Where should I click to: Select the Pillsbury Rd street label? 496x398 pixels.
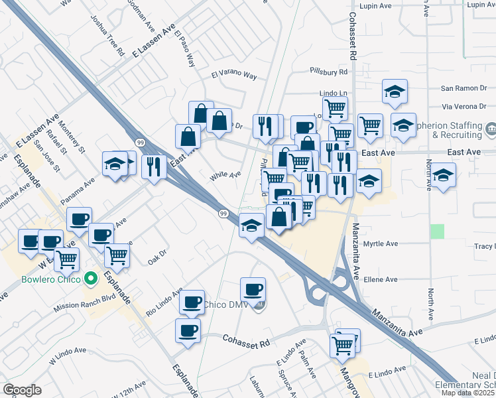click(x=328, y=72)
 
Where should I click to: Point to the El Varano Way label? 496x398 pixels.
click(x=234, y=76)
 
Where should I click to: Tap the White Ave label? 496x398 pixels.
click(x=225, y=176)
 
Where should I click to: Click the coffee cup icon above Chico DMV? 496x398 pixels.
click(x=253, y=289)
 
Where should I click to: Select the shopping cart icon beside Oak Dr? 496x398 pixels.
click(x=117, y=255)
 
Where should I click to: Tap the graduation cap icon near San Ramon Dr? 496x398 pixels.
click(x=395, y=91)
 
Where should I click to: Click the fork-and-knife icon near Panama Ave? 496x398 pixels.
click(x=153, y=166)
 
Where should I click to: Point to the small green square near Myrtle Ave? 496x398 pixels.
click(x=436, y=232)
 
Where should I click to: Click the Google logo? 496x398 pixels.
click(x=22, y=390)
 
